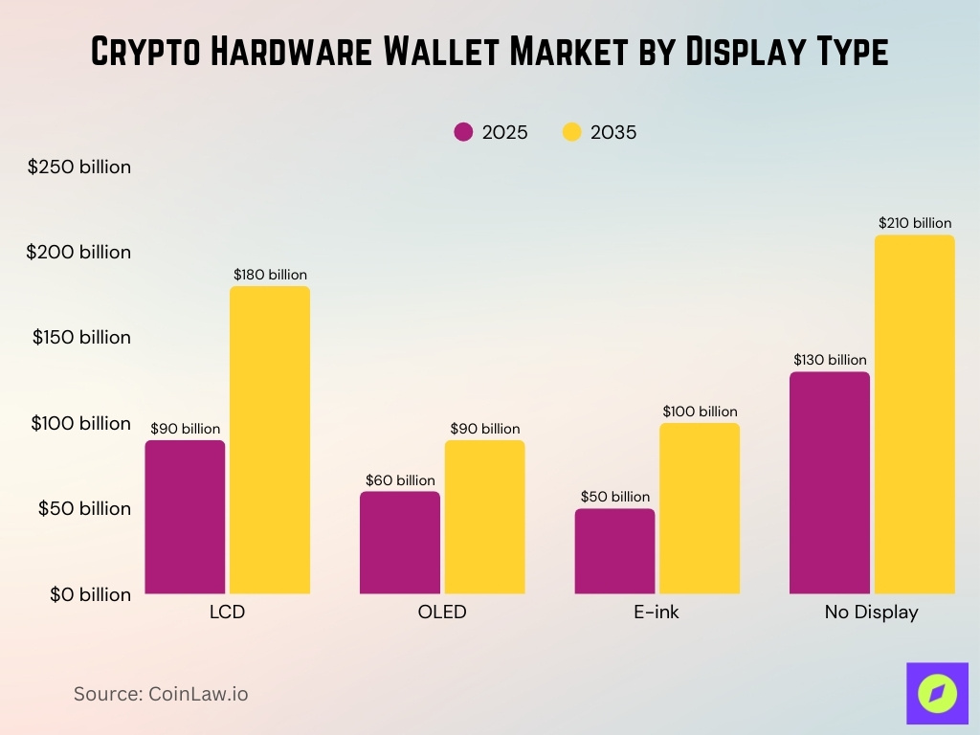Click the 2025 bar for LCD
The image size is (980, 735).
pyautogui.click(x=185, y=517)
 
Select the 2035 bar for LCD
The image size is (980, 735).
pyautogui.click(x=270, y=440)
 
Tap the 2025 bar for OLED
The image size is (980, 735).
pyautogui.click(x=400, y=543)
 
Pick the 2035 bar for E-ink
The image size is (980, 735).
pyautogui.click(x=700, y=508)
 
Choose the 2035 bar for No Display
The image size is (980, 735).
pyautogui.click(x=915, y=414)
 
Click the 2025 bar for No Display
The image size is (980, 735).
pyautogui.click(x=830, y=482)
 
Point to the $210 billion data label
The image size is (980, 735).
pyautogui.click(x=915, y=223)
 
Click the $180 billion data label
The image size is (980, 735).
pyautogui.click(x=270, y=275)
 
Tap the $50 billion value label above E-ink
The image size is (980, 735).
pyautogui.click(x=614, y=497)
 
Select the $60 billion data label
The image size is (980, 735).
pyautogui.click(x=400, y=480)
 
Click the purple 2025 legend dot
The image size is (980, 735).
pyautogui.click(x=464, y=133)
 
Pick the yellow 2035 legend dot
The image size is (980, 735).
pyautogui.click(x=572, y=133)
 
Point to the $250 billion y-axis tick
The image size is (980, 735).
pyautogui.click(x=79, y=167)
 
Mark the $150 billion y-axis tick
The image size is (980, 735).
pyautogui.click(x=81, y=337)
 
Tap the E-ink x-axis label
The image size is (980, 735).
pyautogui.click(x=657, y=612)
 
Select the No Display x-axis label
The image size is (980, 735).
pyautogui.click(x=871, y=612)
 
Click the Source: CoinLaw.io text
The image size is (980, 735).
pyautogui.click(x=161, y=694)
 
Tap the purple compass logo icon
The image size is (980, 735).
pyautogui.click(x=937, y=693)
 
